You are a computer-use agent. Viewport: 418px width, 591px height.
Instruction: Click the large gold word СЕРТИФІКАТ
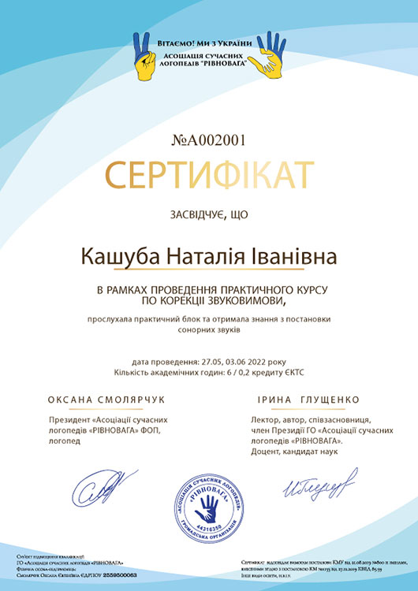pyautogui.click(x=209, y=175)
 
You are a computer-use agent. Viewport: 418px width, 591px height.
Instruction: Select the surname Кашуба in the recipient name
pyautogui.click(x=119, y=258)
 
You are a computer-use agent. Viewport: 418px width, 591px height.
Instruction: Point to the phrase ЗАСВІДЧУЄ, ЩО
pyautogui.click(x=209, y=215)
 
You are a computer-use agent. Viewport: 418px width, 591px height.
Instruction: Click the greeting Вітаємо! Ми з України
pyautogui.click(x=210, y=42)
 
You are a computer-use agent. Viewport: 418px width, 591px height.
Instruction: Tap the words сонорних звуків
pyautogui.click(x=208, y=330)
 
